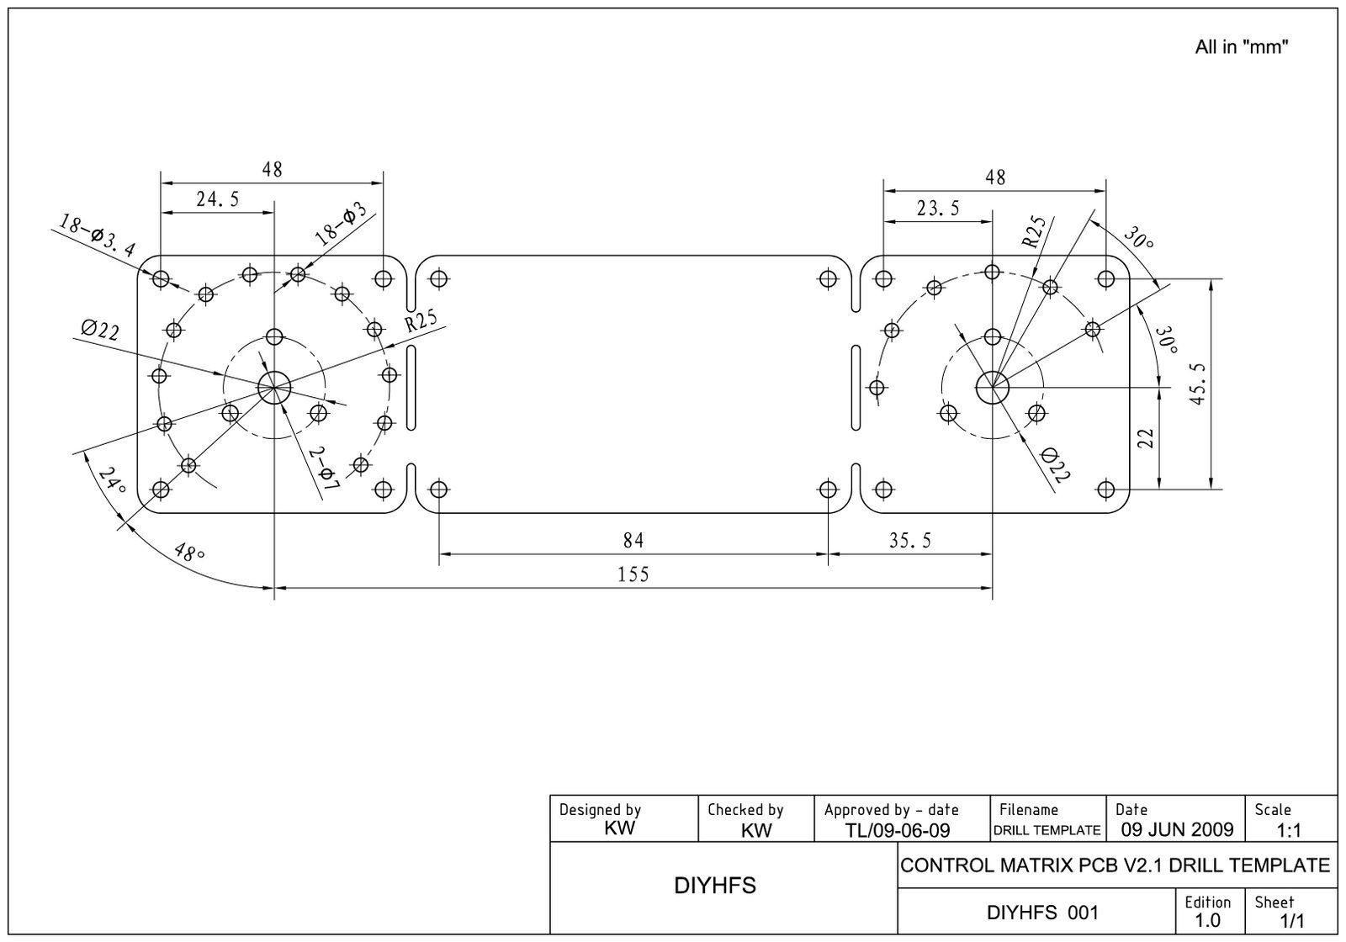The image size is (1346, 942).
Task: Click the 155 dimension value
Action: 633,574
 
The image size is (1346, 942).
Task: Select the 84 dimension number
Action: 633,539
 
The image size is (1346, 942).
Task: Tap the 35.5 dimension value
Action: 910,540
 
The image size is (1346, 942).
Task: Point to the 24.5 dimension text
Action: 218,198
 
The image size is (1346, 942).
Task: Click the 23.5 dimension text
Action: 938,208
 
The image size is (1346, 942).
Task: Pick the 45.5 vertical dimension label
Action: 1198,384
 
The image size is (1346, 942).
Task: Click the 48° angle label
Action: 189,553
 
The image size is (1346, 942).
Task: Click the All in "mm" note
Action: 1242,47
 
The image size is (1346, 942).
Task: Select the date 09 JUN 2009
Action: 1177,830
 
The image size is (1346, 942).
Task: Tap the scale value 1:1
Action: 1289,831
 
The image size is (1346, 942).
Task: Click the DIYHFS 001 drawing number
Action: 1042,913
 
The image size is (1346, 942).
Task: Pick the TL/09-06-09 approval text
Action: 898,831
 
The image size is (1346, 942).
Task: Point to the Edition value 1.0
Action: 1207,920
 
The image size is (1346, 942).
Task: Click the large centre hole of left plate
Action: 274,388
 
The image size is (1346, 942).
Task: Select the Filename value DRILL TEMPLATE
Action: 1047,830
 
